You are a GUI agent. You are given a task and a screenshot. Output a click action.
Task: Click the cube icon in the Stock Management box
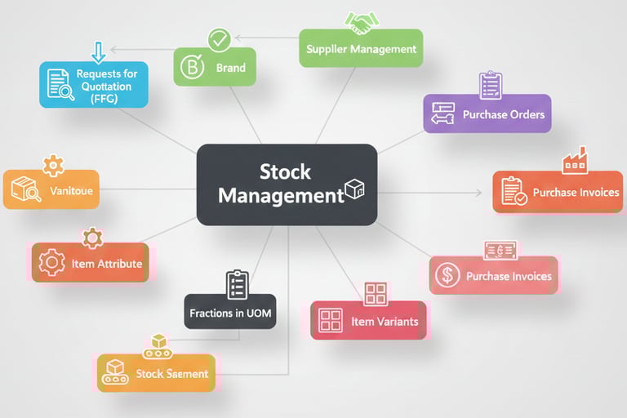pyautogui.click(x=354, y=189)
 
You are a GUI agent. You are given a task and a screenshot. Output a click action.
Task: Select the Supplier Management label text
pyautogui.click(x=361, y=49)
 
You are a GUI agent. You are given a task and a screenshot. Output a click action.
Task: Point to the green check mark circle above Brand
pyautogui.click(x=219, y=38)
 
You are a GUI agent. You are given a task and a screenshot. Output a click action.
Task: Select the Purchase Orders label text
pyautogui.click(x=503, y=114)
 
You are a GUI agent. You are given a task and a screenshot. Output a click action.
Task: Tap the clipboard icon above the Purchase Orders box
pyautogui.click(x=491, y=85)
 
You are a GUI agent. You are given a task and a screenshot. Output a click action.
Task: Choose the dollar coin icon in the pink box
pyautogui.click(x=447, y=276)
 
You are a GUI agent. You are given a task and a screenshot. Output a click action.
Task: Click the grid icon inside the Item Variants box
pyautogui.click(x=331, y=321)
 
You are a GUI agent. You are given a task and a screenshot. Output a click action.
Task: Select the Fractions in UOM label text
pyautogui.click(x=229, y=313)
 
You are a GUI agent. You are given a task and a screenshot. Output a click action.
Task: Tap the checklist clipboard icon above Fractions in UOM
pyautogui.click(x=236, y=285)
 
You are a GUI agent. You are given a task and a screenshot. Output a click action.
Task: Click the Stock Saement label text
pyautogui.click(x=171, y=374)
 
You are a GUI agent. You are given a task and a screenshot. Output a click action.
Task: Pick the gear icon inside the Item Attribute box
pyautogui.click(x=52, y=263)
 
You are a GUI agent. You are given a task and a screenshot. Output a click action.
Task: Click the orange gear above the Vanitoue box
pyautogui.click(x=53, y=165)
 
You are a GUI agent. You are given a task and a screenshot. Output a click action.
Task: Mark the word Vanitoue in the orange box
pyautogui.click(x=71, y=191)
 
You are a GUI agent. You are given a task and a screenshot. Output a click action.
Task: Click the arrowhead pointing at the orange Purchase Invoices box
pyautogui.click(x=478, y=193)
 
